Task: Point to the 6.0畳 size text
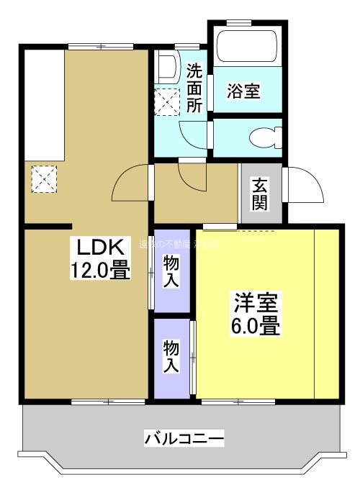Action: click(x=256, y=326)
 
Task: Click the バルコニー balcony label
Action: click(x=184, y=437)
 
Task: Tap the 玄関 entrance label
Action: click(x=260, y=193)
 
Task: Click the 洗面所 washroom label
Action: click(x=194, y=88)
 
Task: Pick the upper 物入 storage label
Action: click(x=171, y=271)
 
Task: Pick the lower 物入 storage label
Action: click(x=171, y=357)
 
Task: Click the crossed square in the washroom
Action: click(x=167, y=101)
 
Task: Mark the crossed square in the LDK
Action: click(x=43, y=179)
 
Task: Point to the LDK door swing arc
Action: click(x=130, y=184)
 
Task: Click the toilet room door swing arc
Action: click(x=193, y=135)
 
